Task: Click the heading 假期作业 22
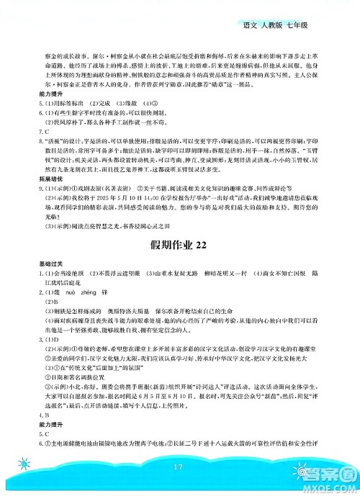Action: [x=180, y=244]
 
